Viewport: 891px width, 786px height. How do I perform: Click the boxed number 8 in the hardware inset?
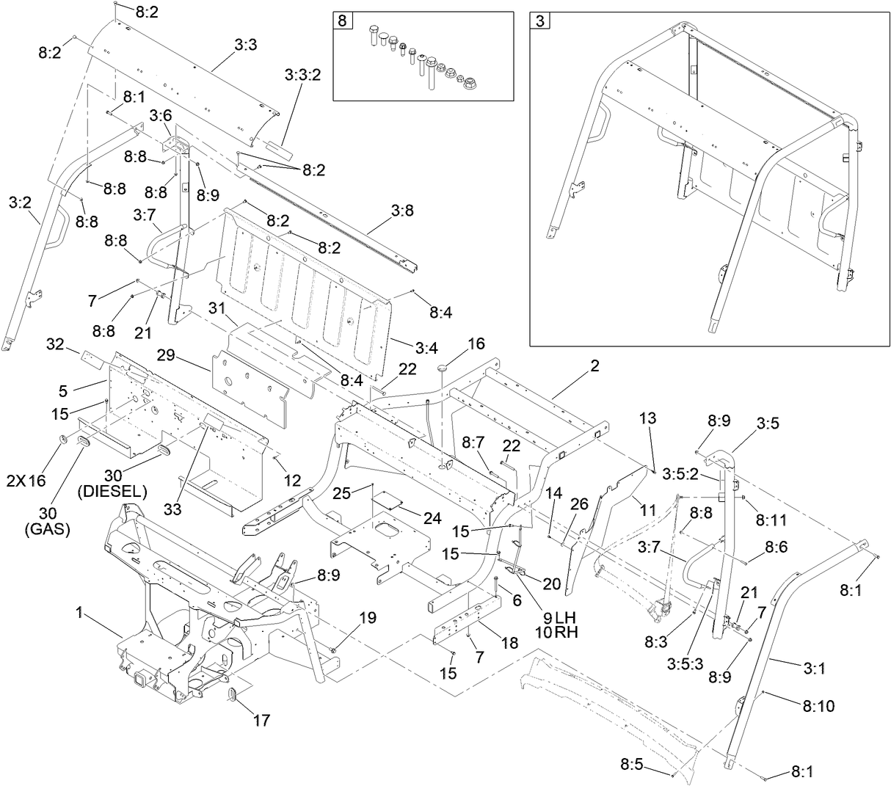click(x=341, y=21)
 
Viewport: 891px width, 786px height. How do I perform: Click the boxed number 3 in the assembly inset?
click(x=539, y=21)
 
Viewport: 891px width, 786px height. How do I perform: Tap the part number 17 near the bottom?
click(x=261, y=720)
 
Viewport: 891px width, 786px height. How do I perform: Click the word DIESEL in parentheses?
click(x=112, y=491)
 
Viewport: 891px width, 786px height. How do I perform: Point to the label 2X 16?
click(x=26, y=481)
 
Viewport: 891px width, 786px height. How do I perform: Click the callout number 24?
click(x=432, y=518)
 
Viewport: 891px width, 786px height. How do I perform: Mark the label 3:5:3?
click(x=686, y=663)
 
